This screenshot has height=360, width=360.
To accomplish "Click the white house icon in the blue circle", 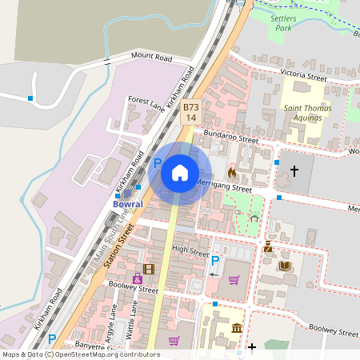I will [x=180, y=172].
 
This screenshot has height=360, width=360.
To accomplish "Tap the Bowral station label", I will [x=126, y=205].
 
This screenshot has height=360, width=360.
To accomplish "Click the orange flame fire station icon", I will [x=232, y=171].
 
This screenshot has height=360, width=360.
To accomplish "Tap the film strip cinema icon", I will [x=149, y=269].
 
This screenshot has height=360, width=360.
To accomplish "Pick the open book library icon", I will [x=286, y=266].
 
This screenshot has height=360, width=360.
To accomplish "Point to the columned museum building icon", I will [x=237, y=328].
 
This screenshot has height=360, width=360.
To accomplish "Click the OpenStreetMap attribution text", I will [x=81, y=354].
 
